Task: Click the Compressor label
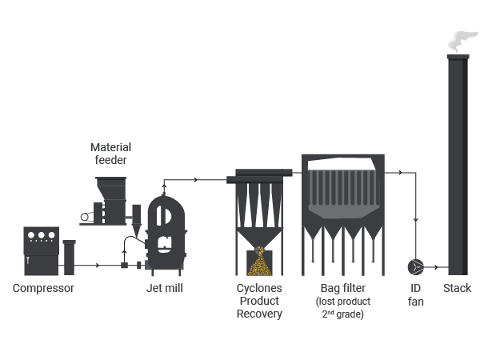coord(43,288)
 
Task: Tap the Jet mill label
coord(165,288)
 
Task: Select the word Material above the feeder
coord(111,147)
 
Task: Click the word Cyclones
coord(259,288)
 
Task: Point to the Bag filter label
coord(343,288)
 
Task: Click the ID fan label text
coord(415,294)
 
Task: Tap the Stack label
coord(457,288)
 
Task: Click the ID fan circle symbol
coord(416,267)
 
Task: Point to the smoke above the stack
coord(462,42)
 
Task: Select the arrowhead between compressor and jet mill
coord(98,265)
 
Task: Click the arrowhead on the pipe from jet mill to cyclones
coord(196,180)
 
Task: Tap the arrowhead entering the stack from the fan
coord(437,267)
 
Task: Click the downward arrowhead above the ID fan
coord(416,220)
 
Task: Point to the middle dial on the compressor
coord(42,235)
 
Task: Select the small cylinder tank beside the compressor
coord(69,258)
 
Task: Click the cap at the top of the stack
coord(458,57)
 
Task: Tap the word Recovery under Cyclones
coord(259,314)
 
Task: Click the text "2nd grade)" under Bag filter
coord(343,314)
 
